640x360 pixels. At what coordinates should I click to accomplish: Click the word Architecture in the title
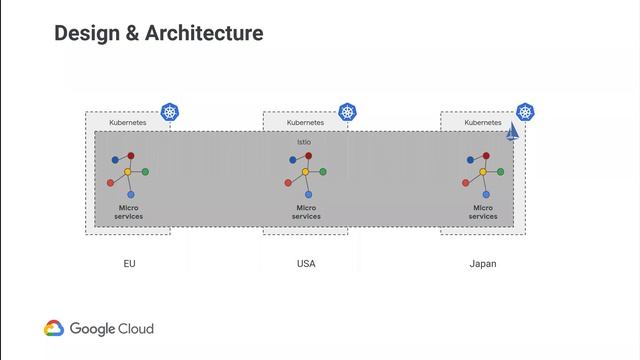click(204, 33)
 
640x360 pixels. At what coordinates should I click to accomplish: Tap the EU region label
click(129, 264)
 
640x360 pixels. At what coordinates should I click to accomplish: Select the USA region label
click(306, 264)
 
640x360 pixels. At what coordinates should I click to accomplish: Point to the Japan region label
click(483, 264)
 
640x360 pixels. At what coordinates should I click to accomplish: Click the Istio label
click(304, 142)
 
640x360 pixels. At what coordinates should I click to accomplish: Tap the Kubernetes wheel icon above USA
click(348, 112)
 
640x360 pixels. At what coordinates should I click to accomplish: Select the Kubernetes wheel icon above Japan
click(525, 112)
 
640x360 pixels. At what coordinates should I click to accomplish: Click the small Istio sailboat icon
click(512, 133)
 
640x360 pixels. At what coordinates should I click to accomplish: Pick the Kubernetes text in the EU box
click(128, 122)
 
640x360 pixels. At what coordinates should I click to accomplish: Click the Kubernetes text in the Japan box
click(483, 122)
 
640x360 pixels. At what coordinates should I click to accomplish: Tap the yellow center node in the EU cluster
click(128, 172)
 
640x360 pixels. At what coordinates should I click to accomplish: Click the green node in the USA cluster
click(322, 172)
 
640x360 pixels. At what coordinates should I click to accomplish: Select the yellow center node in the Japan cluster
click(483, 172)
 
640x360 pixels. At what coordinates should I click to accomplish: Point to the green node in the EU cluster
click(145, 172)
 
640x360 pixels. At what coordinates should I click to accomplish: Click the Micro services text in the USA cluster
click(306, 212)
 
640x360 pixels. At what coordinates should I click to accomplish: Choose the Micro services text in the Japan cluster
click(483, 212)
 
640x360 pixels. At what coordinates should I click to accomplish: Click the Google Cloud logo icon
click(54, 328)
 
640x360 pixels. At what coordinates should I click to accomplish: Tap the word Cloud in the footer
click(136, 328)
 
